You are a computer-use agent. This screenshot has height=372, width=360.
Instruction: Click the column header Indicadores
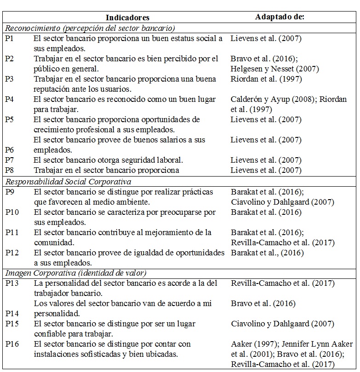click(128, 18)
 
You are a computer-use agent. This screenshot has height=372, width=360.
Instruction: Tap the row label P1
click(10, 39)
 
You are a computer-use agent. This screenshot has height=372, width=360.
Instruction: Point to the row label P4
click(10, 100)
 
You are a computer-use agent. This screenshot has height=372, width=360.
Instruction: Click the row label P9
click(10, 192)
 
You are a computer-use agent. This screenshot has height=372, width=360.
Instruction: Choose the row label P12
click(12, 253)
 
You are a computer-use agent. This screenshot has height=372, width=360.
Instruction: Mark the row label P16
click(12, 344)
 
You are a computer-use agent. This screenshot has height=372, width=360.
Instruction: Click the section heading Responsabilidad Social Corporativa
click(68, 182)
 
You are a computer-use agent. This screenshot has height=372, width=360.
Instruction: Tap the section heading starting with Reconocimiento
click(90, 28)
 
